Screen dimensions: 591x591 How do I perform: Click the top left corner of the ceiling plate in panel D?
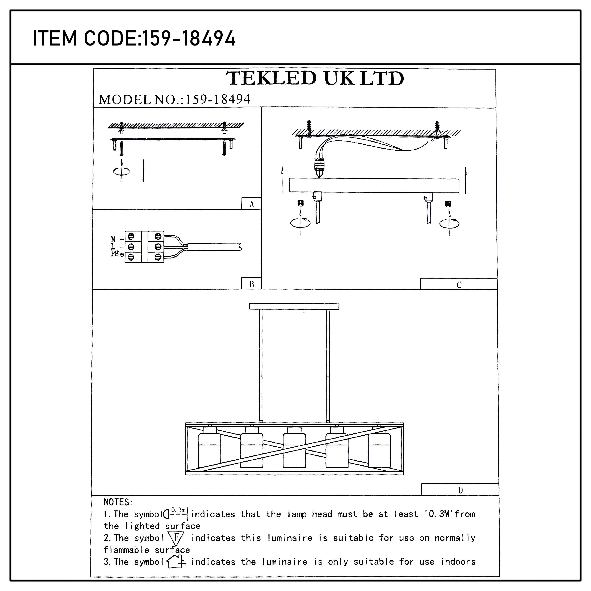[250, 304]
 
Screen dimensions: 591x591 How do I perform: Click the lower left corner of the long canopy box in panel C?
[289, 192]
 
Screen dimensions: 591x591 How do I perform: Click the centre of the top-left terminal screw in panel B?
[131, 236]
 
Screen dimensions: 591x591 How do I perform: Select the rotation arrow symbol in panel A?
[121, 171]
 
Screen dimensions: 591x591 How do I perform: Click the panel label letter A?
[252, 204]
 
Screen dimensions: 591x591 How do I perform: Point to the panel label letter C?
[459, 285]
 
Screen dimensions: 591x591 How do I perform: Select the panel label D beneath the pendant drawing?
[460, 490]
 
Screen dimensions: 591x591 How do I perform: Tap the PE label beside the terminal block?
[115, 253]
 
